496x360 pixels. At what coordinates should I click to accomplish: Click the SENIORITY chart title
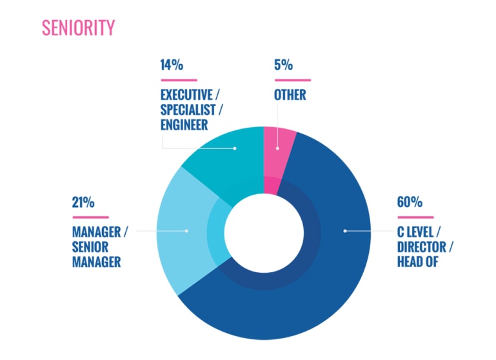pyautogui.click(x=78, y=28)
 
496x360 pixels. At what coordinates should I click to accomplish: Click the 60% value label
pyautogui.click(x=410, y=202)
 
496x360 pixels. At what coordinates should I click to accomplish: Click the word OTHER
pyautogui.click(x=290, y=95)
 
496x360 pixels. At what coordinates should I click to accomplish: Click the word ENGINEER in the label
pyautogui.click(x=184, y=124)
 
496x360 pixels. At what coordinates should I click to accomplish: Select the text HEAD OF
pyautogui.click(x=418, y=262)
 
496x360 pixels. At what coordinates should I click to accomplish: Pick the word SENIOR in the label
pyautogui.click(x=90, y=247)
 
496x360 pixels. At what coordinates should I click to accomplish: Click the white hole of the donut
pyautogui.click(x=264, y=232)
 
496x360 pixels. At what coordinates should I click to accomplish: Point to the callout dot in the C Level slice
pyautogui.click(x=344, y=230)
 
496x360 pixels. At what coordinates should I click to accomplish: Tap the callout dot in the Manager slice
pyautogui.click(x=186, y=230)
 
